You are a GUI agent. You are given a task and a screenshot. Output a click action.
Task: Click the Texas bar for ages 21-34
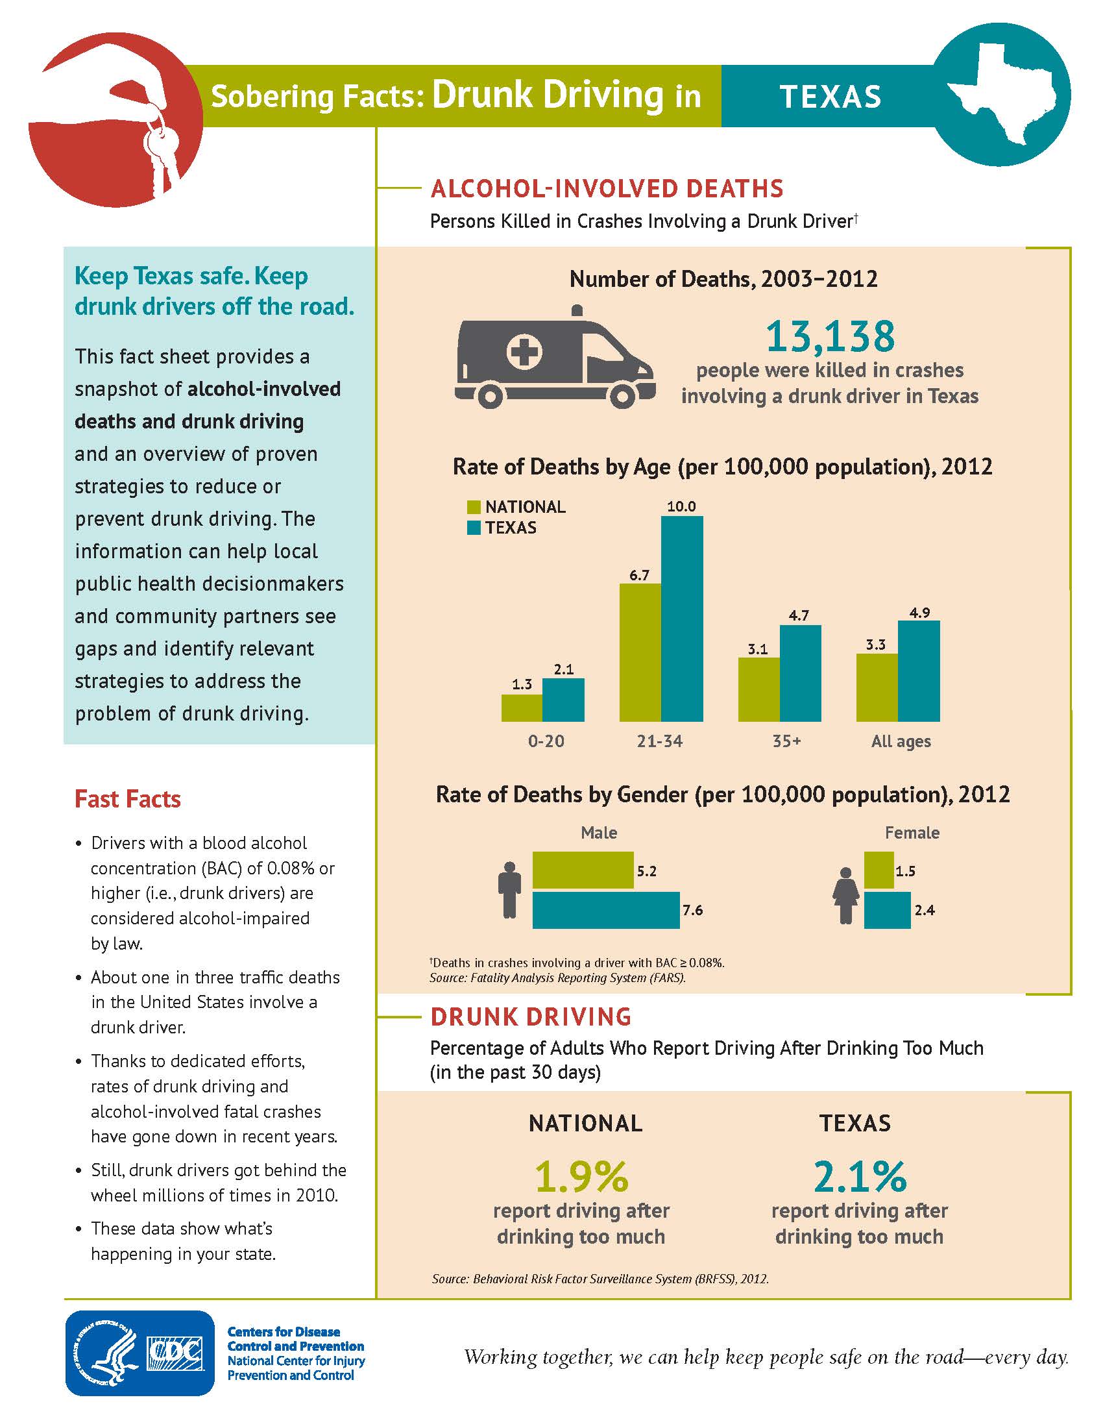point(681,618)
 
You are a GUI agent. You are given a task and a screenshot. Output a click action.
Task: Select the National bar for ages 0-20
point(522,708)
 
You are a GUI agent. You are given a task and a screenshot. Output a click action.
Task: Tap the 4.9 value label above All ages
point(919,613)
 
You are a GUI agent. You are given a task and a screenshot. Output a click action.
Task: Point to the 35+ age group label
point(786,741)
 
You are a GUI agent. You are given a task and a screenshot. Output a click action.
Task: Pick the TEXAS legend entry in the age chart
point(502,528)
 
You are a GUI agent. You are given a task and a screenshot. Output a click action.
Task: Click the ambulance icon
point(554,358)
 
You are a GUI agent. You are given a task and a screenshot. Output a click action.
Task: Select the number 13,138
point(829,336)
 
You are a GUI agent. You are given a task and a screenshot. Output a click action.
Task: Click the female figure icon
point(846,895)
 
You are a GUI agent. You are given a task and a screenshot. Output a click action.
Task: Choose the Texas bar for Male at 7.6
point(606,909)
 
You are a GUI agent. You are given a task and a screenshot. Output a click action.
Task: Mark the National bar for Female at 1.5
point(879,870)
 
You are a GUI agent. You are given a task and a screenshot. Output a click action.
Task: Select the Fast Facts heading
point(127,799)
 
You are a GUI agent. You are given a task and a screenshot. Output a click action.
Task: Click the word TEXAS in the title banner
point(830,96)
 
